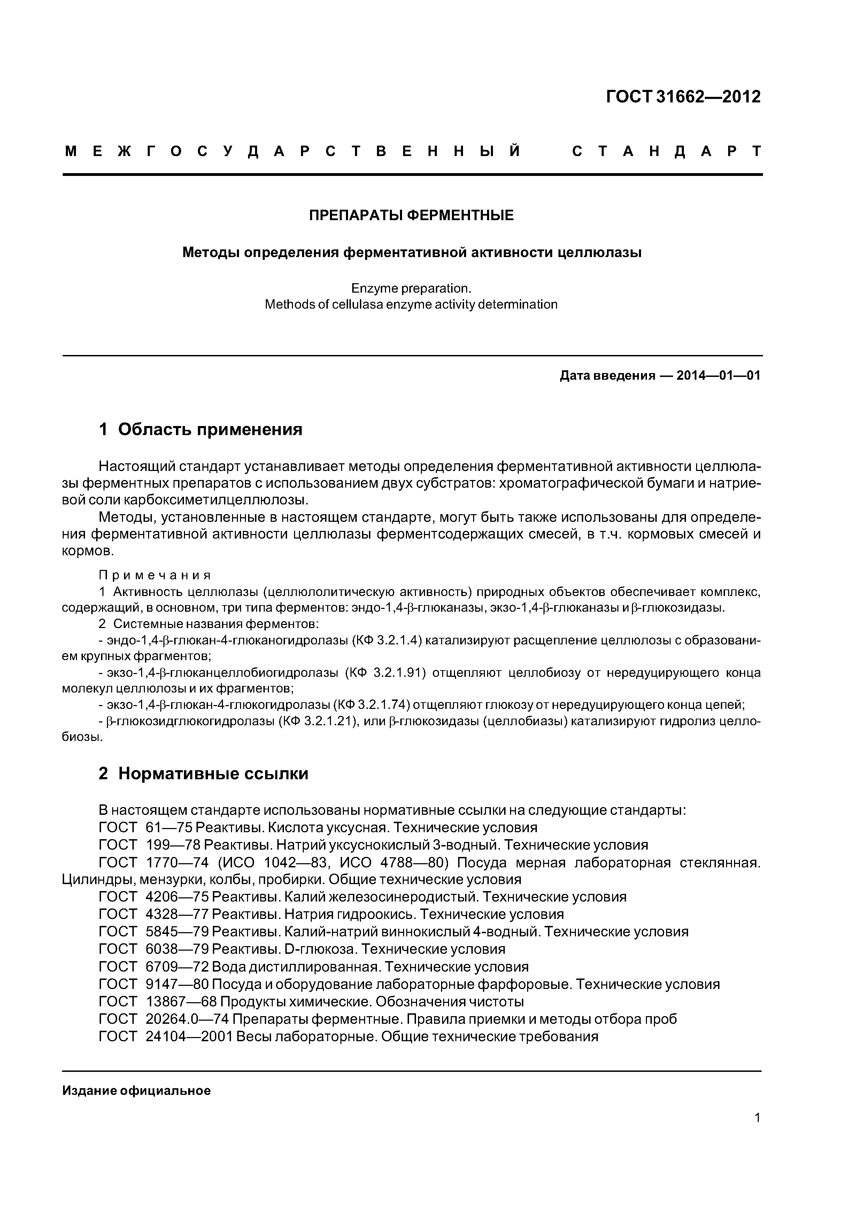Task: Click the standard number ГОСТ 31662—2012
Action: coord(684,97)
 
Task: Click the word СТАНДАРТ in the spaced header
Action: coord(666,152)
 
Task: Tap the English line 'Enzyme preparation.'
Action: coord(411,288)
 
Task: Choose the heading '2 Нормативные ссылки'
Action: coord(203,773)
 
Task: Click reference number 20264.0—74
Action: coord(187,1019)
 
